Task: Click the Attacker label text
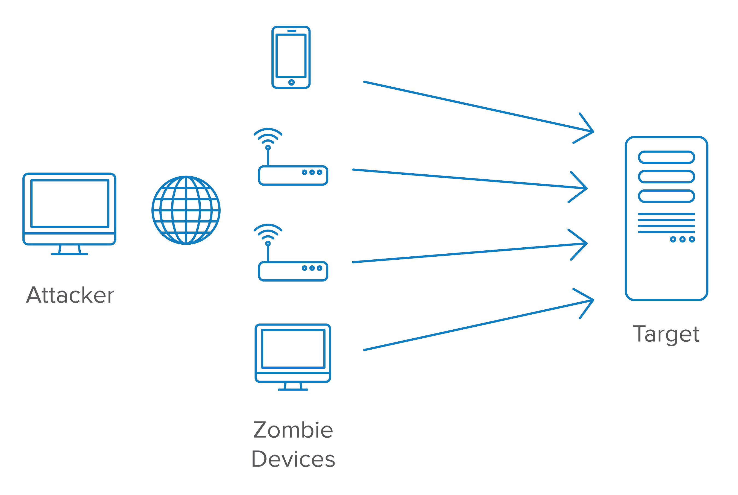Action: [70, 295]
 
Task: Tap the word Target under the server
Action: [666, 334]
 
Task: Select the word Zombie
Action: [293, 430]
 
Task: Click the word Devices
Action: [293, 459]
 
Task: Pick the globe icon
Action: [186, 210]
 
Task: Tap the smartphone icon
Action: [291, 57]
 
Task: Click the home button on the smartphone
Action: [291, 82]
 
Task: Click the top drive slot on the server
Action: [666, 157]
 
